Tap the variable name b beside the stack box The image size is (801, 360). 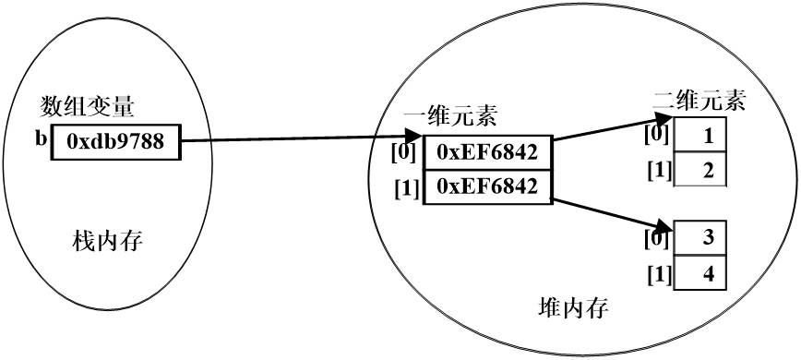[42, 141]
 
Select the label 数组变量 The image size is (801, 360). [89, 106]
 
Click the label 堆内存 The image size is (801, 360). [572, 306]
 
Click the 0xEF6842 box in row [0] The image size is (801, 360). [487, 152]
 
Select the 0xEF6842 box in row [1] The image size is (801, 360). [487, 186]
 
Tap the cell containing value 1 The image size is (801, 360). [701, 136]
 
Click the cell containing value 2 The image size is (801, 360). [701, 170]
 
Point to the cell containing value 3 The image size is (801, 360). [701, 238]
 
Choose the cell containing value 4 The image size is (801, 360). [701, 274]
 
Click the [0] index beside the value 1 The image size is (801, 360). [658, 136]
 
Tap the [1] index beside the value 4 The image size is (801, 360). [658, 275]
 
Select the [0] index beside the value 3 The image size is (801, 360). [658, 238]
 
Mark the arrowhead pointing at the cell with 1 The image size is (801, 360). [662, 120]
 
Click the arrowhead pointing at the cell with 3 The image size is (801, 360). [662, 224]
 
